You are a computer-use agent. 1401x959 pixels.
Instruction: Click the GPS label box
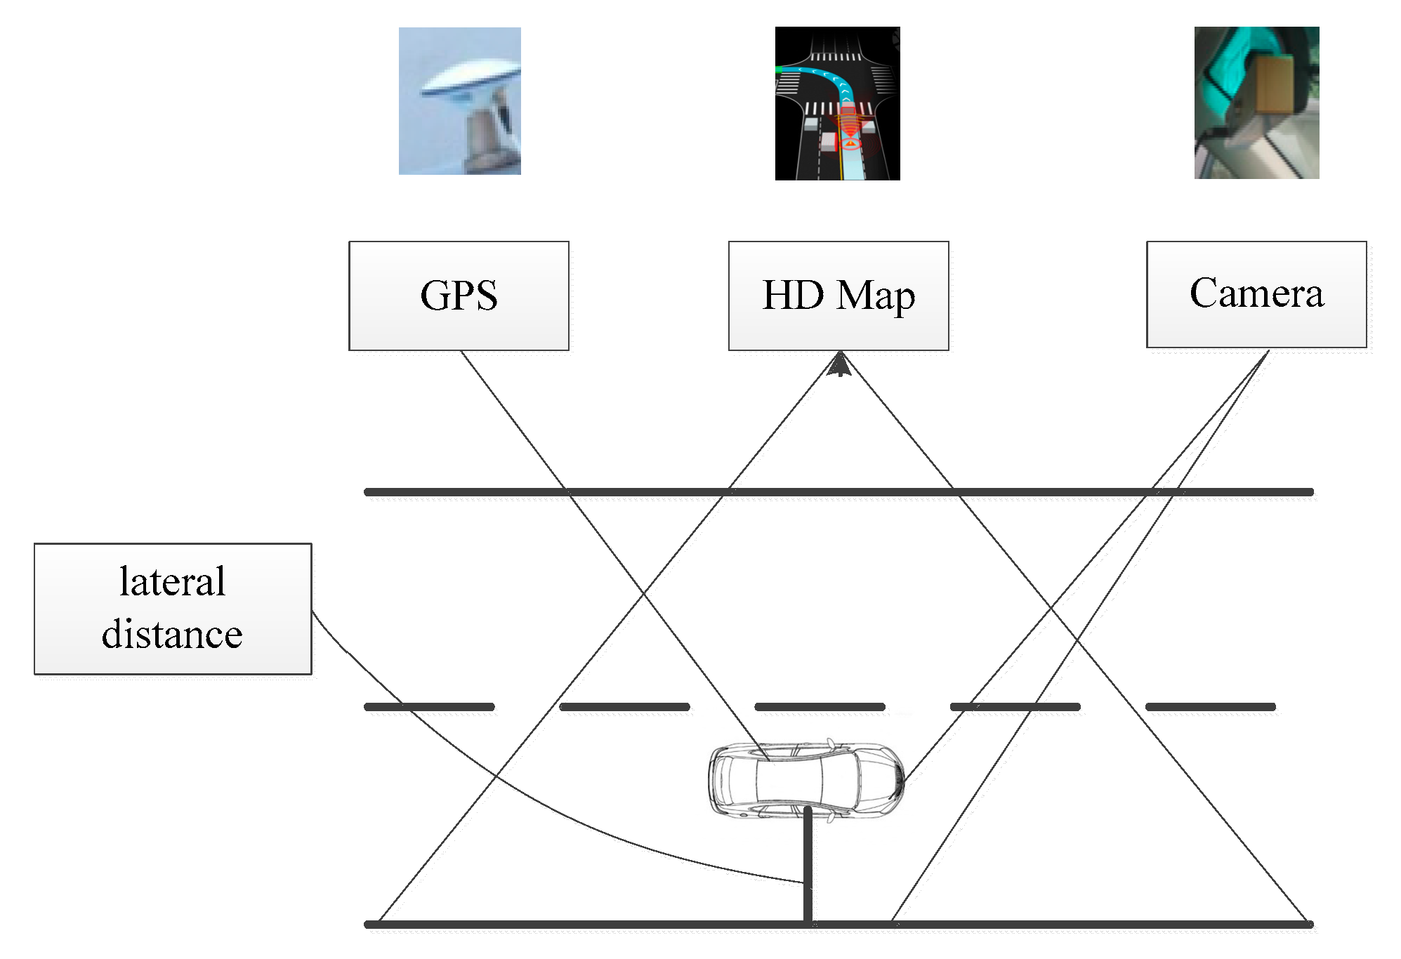pyautogui.click(x=459, y=296)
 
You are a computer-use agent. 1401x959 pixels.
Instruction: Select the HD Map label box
pyautogui.click(x=838, y=296)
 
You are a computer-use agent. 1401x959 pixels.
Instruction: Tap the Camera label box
pyautogui.click(x=1256, y=294)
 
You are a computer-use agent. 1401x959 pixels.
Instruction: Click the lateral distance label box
pyautogui.click(x=173, y=609)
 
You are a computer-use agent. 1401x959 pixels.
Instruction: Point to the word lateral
pyautogui.click(x=173, y=582)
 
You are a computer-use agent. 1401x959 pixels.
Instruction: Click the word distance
pyautogui.click(x=173, y=635)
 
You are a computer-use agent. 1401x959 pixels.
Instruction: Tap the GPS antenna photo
pyautogui.click(x=460, y=101)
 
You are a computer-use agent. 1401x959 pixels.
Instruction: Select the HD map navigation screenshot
pyautogui.click(x=837, y=104)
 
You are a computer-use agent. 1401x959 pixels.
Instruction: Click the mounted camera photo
pyautogui.click(x=1256, y=102)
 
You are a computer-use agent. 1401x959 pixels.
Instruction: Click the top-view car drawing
pyautogui.click(x=805, y=779)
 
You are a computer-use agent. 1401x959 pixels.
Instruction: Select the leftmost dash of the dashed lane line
pyautogui.click(x=429, y=707)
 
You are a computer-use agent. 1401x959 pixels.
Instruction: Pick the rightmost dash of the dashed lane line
pyautogui.click(x=1210, y=707)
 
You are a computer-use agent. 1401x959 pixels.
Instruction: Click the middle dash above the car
pyautogui.click(x=820, y=707)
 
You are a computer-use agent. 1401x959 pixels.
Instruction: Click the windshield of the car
pyautogui.click(x=839, y=780)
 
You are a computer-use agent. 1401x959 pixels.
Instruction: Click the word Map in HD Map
pyautogui.click(x=876, y=296)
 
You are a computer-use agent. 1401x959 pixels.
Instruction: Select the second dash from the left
pyautogui.click(x=624, y=707)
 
